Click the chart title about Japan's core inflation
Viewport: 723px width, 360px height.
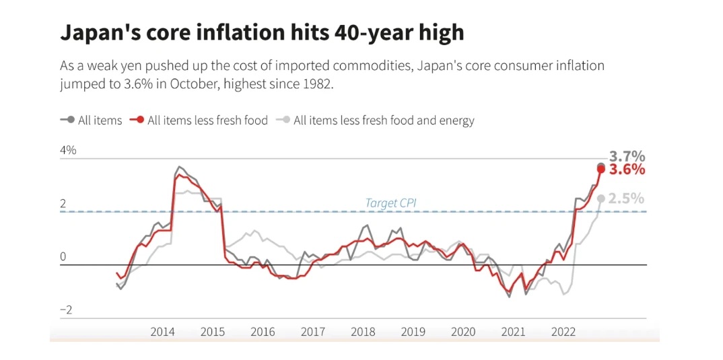click(263, 32)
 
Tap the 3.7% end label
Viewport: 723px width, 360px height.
click(627, 157)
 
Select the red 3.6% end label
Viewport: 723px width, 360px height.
click(627, 170)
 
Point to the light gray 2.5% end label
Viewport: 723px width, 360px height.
click(627, 199)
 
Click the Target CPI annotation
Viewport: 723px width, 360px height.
click(391, 203)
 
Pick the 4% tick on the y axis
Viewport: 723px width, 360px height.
click(68, 150)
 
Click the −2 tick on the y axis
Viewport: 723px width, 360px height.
click(66, 310)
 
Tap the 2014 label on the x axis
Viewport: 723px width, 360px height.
click(162, 332)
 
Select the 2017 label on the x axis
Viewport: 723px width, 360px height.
click(313, 332)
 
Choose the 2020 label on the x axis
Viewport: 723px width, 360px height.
click(463, 332)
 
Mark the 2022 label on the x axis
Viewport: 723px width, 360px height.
click(563, 332)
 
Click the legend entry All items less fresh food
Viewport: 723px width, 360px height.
click(207, 120)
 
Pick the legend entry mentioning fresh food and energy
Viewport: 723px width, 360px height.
click(384, 120)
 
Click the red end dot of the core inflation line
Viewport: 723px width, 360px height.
click(600, 169)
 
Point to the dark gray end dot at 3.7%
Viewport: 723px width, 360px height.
click(601, 166)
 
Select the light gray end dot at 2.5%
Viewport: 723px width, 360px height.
click(600, 198)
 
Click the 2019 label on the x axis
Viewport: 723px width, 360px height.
click(413, 332)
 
